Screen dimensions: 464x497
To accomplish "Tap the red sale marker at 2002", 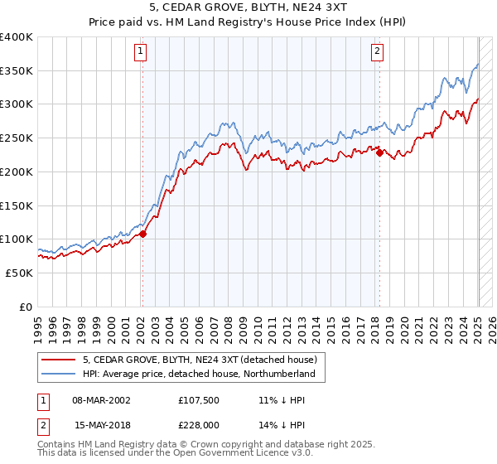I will [142, 234].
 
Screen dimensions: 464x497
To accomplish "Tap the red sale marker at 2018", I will [379, 152].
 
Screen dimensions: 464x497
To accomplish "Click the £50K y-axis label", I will [19, 273].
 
